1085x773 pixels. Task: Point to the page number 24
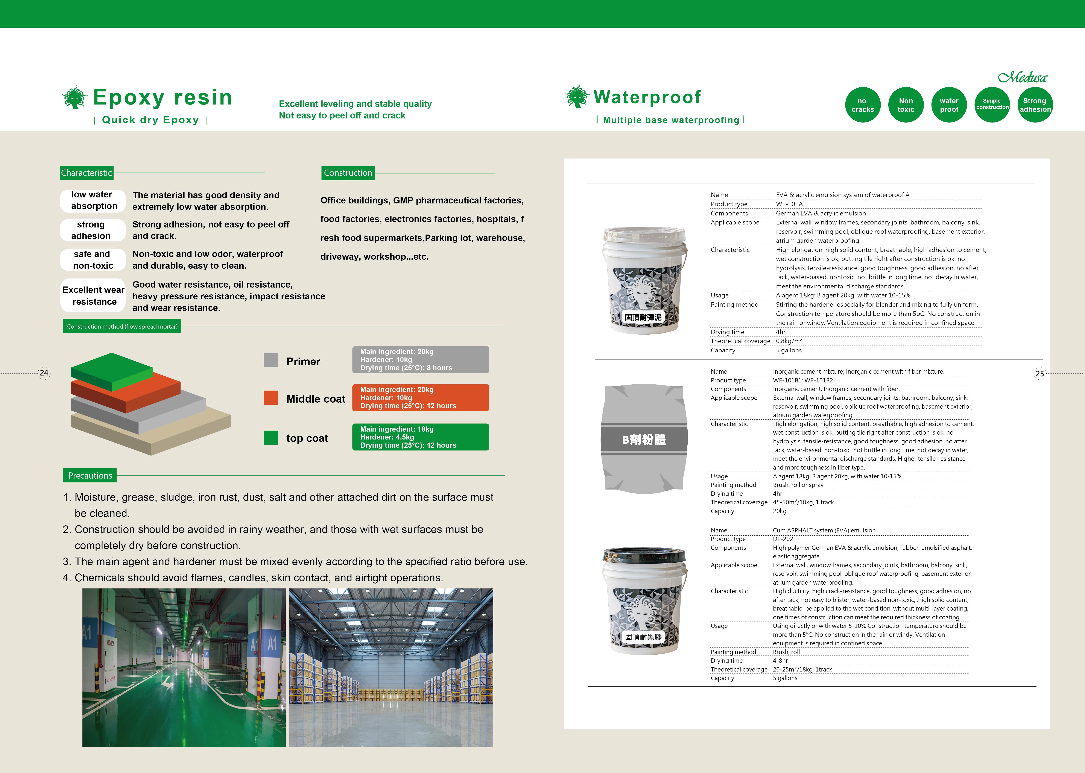(44, 373)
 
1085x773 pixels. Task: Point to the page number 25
(1040, 374)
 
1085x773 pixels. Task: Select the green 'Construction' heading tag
(348, 173)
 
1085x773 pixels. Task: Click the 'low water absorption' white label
(93, 200)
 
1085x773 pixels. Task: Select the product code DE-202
(783, 539)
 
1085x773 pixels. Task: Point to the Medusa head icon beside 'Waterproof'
(577, 97)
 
